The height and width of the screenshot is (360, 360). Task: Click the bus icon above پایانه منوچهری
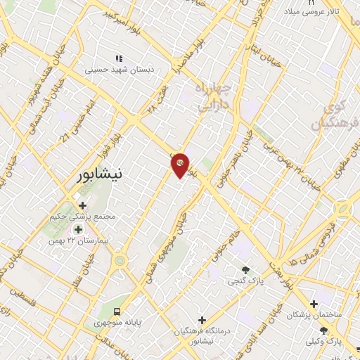pos(117,311)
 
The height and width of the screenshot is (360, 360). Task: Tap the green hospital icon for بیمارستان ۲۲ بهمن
pos(79,229)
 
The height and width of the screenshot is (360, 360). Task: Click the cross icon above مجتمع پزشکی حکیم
pos(82,205)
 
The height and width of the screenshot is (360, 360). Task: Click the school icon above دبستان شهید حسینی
pos(119,58)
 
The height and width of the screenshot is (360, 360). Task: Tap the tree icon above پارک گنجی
pos(245,269)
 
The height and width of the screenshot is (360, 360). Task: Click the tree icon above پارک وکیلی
pos(323,330)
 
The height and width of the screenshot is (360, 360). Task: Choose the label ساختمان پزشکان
pos(313,316)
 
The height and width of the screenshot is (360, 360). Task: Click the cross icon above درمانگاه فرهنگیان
pos(202,319)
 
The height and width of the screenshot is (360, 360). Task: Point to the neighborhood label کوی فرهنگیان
pos(335,117)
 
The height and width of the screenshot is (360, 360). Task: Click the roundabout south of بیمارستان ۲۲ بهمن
pos(120,262)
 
